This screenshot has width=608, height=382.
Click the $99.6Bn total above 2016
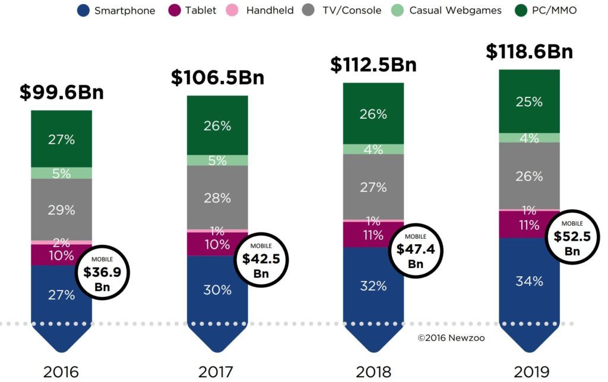61,92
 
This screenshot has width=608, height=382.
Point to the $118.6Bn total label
529,51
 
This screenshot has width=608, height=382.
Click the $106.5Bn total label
217,77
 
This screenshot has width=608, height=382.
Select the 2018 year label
373,372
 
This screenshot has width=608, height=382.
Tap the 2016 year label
61,372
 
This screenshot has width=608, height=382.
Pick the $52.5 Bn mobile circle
572,236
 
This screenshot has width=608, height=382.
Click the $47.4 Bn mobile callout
416,250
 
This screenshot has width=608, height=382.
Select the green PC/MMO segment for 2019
529,102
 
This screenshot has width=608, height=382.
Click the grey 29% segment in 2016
62,209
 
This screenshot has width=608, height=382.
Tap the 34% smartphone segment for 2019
529,281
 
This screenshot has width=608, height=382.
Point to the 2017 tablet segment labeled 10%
217,244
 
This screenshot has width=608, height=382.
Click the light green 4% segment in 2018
373,149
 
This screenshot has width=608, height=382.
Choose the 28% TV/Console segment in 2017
217,197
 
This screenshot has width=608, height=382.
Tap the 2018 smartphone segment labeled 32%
373,286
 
